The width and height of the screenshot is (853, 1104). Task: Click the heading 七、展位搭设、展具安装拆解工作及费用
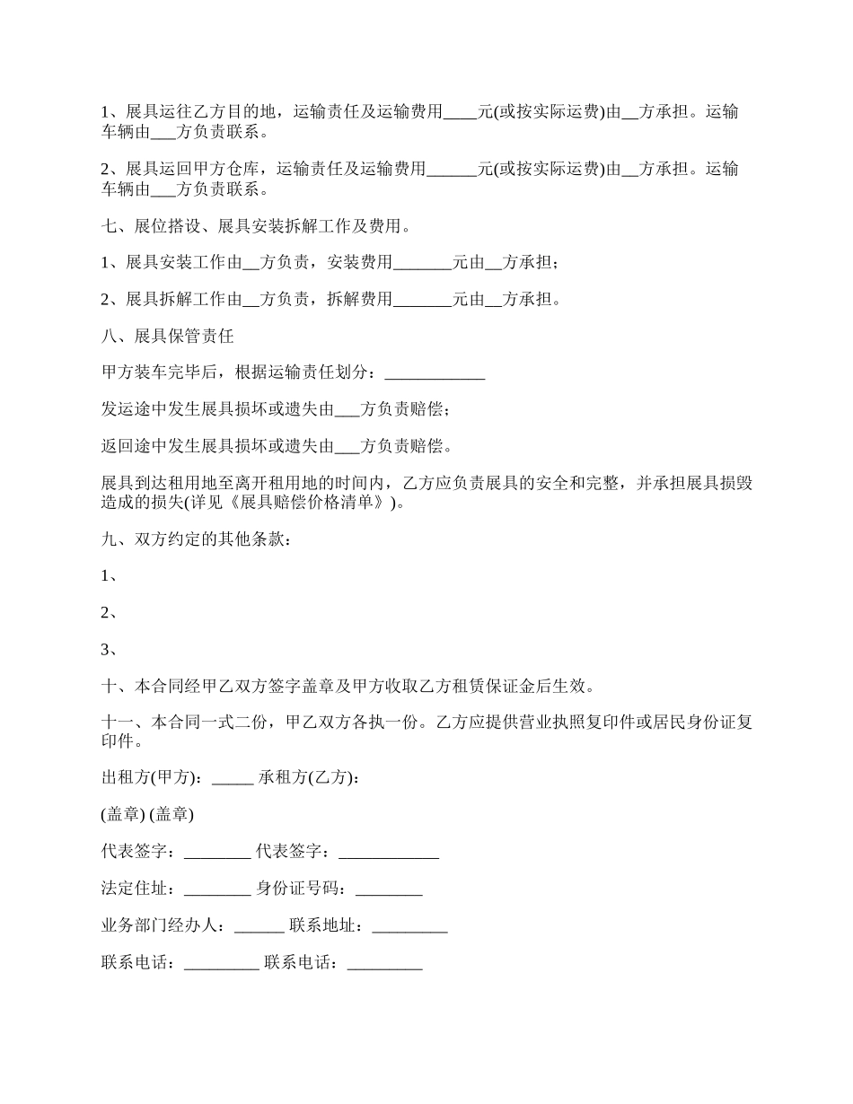pyautogui.click(x=256, y=226)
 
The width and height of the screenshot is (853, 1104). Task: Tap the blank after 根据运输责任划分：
pyautogui.click(x=435, y=375)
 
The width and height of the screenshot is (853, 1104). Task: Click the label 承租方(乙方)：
pyautogui.click(x=310, y=778)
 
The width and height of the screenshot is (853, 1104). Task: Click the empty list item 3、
pyautogui.click(x=110, y=650)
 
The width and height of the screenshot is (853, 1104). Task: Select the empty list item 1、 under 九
pyautogui.click(x=110, y=576)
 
